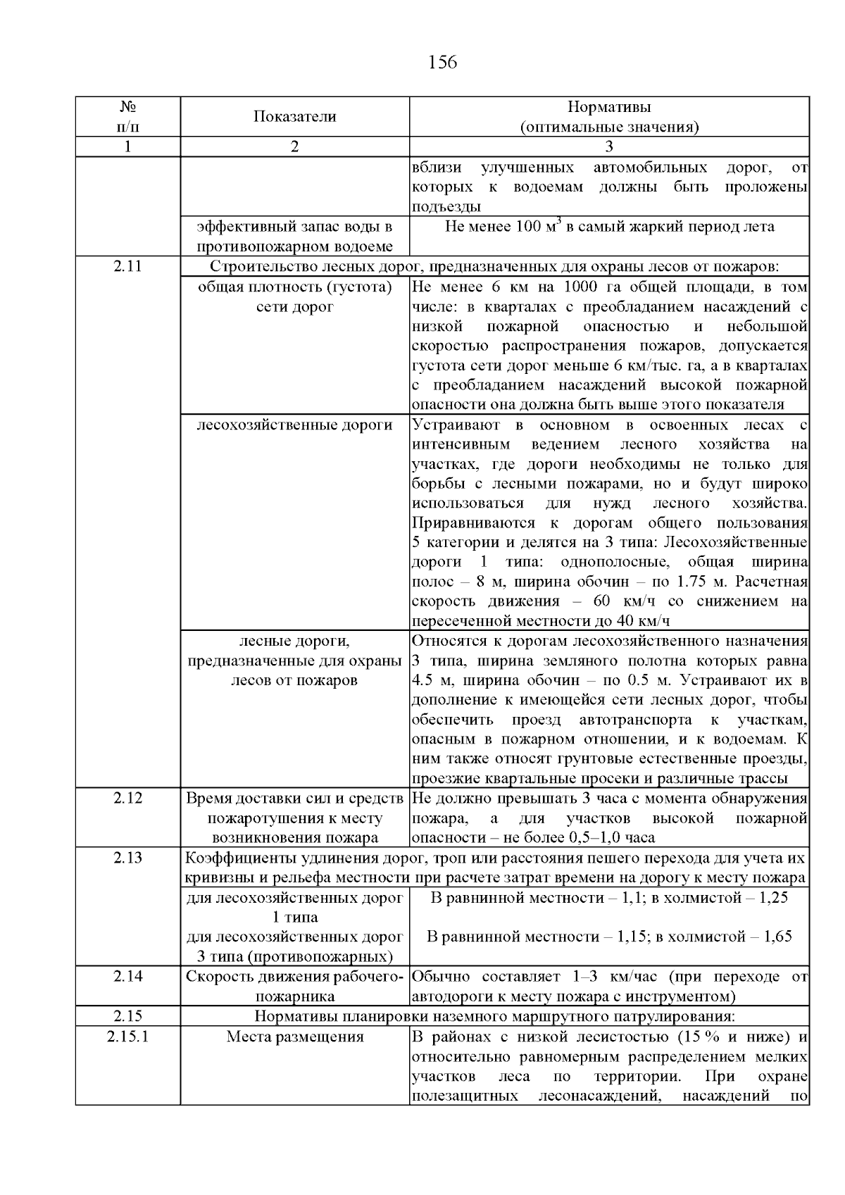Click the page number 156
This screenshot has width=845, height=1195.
(x=442, y=63)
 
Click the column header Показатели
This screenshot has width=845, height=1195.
(x=294, y=117)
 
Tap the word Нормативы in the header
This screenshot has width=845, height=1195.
(x=609, y=107)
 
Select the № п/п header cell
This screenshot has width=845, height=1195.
(x=127, y=117)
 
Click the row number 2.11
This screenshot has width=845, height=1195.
(x=127, y=267)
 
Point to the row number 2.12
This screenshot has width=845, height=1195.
(x=127, y=798)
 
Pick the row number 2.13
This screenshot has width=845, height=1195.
(x=127, y=858)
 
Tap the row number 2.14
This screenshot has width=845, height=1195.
(x=127, y=976)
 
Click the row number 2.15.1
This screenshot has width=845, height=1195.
(x=127, y=1037)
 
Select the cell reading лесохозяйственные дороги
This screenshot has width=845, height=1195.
(x=294, y=425)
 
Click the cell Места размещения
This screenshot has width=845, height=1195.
(x=294, y=1037)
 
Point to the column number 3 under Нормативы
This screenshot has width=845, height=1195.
(x=609, y=146)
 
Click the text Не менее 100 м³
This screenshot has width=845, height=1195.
(x=502, y=227)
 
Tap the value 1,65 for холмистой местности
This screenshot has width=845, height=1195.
(x=777, y=937)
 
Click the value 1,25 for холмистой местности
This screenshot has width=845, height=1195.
(x=772, y=898)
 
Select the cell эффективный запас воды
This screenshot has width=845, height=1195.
(x=294, y=237)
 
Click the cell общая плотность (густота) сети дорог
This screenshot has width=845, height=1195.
(x=294, y=297)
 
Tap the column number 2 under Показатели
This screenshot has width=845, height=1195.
(x=294, y=146)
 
